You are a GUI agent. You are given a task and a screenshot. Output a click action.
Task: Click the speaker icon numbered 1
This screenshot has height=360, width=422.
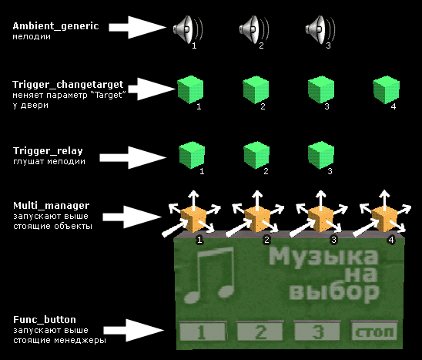pos(187,29)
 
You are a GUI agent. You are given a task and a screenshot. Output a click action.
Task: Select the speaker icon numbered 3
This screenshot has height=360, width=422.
pos(320,29)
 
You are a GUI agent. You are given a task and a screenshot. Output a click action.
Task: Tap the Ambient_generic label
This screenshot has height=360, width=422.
pos(55,26)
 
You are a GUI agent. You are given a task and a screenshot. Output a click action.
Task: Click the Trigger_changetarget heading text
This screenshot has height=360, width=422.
pos(68,85)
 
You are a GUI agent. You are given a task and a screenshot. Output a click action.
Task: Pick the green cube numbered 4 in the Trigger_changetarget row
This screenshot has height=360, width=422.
pos(387,89)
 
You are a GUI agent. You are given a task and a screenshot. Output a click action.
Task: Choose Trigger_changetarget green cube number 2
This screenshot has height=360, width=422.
pos(256,89)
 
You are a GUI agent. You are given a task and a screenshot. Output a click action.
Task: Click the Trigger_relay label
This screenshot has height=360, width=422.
pos(48,151)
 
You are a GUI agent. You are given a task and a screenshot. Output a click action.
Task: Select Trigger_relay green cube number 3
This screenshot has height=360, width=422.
pos(321,155)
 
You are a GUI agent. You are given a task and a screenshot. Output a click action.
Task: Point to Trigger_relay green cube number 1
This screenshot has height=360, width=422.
pos(192,155)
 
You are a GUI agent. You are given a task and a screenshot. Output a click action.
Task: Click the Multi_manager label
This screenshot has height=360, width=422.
pos(51,206)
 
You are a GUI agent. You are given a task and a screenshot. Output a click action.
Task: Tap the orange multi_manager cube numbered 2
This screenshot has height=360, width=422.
pos(257,219)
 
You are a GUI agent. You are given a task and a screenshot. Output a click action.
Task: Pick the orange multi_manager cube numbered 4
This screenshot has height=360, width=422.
pos(384,219)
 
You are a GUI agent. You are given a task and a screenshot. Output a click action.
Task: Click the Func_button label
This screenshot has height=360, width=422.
pos(45,320)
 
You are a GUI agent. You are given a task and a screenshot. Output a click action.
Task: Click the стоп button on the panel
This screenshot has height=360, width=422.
pos(374,331)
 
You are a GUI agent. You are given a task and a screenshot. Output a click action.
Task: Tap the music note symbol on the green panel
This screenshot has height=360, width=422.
pos(209,275)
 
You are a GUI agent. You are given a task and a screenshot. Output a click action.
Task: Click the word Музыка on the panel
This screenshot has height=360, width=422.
pos(323,257)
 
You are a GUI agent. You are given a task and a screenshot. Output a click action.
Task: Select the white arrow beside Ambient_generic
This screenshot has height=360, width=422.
pos(138,27)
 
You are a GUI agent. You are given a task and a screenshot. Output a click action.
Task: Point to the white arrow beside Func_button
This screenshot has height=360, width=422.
pos(134,331)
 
